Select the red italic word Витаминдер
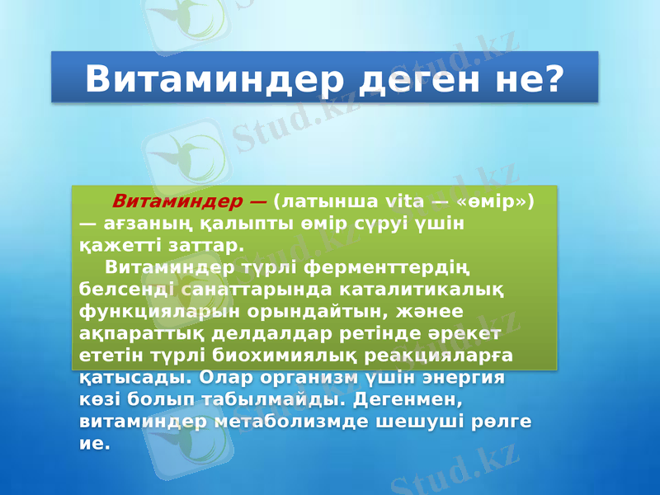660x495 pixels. tap(177, 200)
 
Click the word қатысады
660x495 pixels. tap(136, 379)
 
